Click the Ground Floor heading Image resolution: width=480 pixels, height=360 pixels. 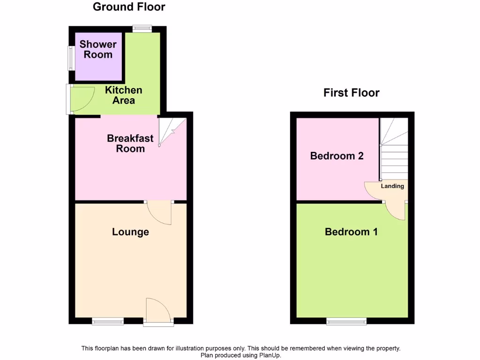129,7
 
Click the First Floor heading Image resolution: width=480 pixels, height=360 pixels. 351,92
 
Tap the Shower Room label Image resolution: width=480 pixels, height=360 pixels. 98,49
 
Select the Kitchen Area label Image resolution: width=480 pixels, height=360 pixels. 124,95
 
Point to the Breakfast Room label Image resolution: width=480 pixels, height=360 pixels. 130,143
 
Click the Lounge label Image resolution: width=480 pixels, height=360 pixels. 130,232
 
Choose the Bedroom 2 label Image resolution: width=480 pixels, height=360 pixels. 337,156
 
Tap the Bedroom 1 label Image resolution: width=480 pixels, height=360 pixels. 351,232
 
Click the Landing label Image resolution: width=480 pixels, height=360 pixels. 392,186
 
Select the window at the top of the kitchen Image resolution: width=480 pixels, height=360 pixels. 142,29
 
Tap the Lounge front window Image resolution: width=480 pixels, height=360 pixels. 108,321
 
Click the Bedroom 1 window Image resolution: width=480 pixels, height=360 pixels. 346,321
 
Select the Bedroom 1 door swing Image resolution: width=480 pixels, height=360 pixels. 397,210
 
